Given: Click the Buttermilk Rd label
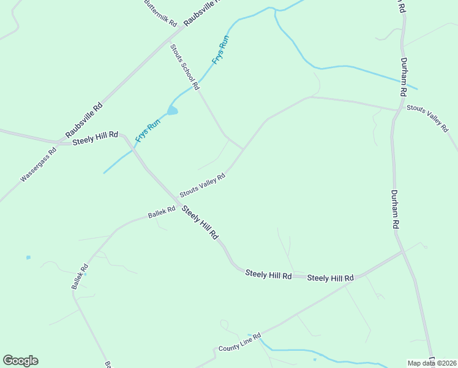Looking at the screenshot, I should pyautogui.click(x=160, y=12).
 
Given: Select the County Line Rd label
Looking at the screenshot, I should pyautogui.click(x=240, y=342).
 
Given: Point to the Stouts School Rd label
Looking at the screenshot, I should pyautogui.click(x=185, y=67).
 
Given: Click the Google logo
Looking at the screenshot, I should pyautogui.click(x=20, y=361).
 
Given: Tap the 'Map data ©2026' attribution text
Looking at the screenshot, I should pyautogui.click(x=431, y=363).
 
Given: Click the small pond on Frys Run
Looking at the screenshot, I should pyautogui.click(x=173, y=110).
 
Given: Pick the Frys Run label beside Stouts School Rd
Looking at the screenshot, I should pyautogui.click(x=220, y=50).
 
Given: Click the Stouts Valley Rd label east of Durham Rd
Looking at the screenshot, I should pyautogui.click(x=428, y=117).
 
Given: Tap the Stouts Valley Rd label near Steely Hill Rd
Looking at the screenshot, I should pyautogui.click(x=202, y=185).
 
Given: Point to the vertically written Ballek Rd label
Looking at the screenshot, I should pyautogui.click(x=80, y=277).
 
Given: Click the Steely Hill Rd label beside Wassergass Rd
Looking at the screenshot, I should pyautogui.click(x=95, y=139).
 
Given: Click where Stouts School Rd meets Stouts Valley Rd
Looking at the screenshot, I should pyautogui.click(x=244, y=148).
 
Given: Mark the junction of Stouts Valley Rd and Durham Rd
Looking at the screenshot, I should pyautogui.click(x=397, y=110).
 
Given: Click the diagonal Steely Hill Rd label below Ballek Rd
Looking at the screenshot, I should pyautogui.click(x=199, y=223).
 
